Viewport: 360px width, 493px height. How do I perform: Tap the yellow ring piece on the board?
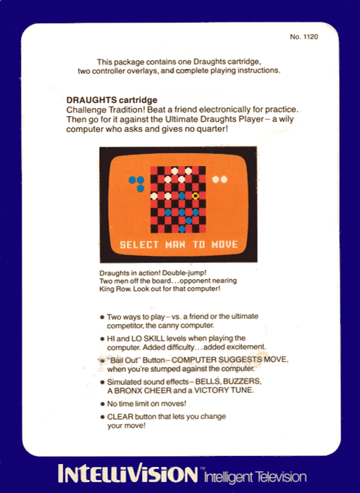(x=196, y=196)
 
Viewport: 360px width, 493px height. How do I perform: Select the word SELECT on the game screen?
(x=139, y=244)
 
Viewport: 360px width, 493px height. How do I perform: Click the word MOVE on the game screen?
(x=225, y=244)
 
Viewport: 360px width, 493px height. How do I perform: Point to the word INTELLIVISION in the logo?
(x=127, y=473)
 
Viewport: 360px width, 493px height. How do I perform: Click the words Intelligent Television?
(x=255, y=476)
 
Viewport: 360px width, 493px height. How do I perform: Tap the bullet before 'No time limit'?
(x=102, y=404)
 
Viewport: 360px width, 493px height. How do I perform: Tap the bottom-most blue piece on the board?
(x=182, y=229)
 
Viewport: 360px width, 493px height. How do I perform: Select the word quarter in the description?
(x=212, y=129)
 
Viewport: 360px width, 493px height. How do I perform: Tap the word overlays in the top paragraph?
(x=143, y=71)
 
